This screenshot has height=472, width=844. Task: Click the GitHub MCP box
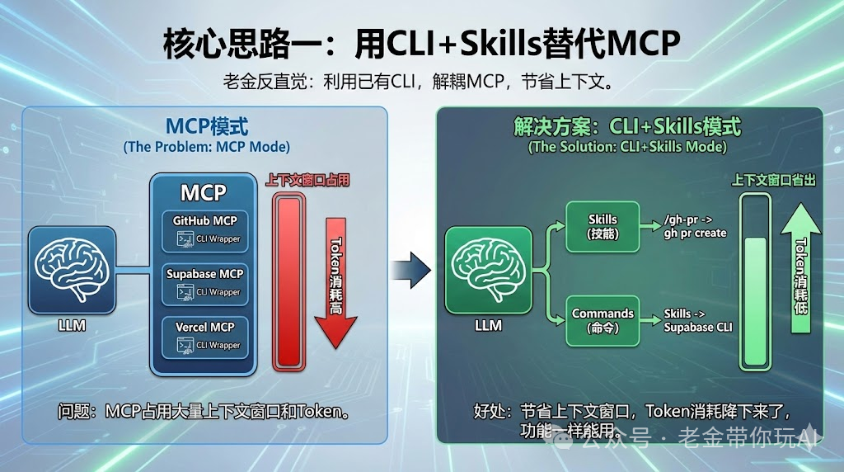(x=204, y=231)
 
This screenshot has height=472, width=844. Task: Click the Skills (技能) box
(x=603, y=226)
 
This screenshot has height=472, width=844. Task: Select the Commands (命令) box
(x=603, y=320)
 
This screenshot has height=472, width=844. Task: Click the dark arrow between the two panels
(x=411, y=265)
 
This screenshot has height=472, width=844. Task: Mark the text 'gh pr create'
(x=695, y=234)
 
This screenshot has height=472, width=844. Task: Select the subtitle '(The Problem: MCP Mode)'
(x=206, y=147)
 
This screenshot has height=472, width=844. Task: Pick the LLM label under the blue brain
(x=72, y=325)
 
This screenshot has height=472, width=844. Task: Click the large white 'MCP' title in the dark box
(x=204, y=192)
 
